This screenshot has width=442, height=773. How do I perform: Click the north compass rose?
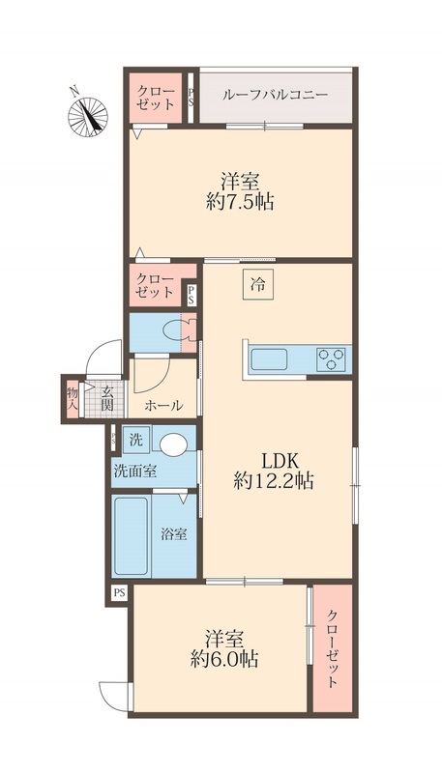(88, 116)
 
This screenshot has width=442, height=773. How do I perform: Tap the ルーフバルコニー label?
(276, 95)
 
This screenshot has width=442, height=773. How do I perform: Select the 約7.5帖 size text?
(240, 202)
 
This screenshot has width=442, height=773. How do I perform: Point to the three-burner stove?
(332, 358)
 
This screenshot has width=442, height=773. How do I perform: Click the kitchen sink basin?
(269, 359)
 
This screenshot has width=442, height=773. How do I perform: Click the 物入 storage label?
(73, 398)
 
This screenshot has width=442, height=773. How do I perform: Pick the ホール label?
(163, 406)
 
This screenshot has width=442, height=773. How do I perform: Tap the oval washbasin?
(174, 444)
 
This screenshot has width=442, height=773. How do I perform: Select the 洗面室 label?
(135, 472)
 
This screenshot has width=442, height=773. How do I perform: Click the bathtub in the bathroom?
(131, 536)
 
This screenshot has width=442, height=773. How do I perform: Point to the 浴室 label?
(174, 534)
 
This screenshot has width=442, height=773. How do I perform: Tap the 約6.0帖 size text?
(225, 659)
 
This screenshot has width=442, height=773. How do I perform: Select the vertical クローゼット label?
(333, 648)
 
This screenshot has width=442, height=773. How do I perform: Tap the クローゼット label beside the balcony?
(156, 98)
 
